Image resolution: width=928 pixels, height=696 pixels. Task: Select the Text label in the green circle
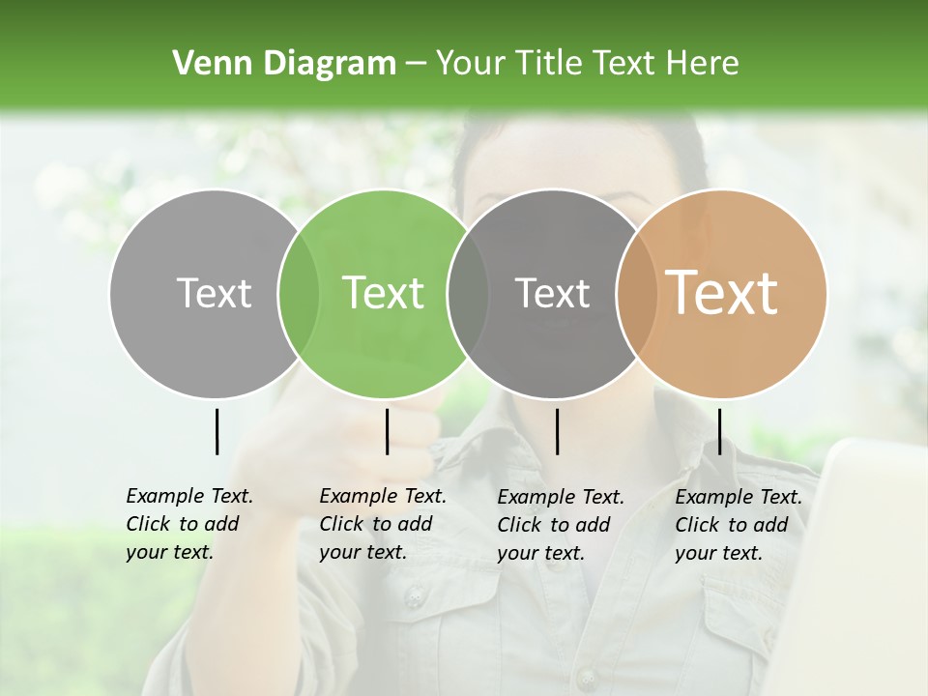(383, 293)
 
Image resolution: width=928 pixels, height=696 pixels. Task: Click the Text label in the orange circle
(722, 293)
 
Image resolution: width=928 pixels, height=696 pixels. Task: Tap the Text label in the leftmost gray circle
(214, 293)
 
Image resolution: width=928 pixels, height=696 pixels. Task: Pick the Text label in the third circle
(552, 293)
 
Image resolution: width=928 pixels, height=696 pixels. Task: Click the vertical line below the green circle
(387, 431)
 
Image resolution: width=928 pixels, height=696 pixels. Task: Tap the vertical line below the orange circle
(719, 431)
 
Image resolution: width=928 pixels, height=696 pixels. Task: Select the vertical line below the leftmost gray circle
(217, 431)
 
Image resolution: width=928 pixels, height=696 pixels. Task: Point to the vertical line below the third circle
(557, 431)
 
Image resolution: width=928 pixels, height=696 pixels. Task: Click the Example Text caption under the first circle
(188, 524)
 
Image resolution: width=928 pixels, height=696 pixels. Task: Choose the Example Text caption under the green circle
(382, 524)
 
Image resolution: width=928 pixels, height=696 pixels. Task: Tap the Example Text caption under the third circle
(560, 525)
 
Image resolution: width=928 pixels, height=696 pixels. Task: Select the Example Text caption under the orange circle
(738, 525)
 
